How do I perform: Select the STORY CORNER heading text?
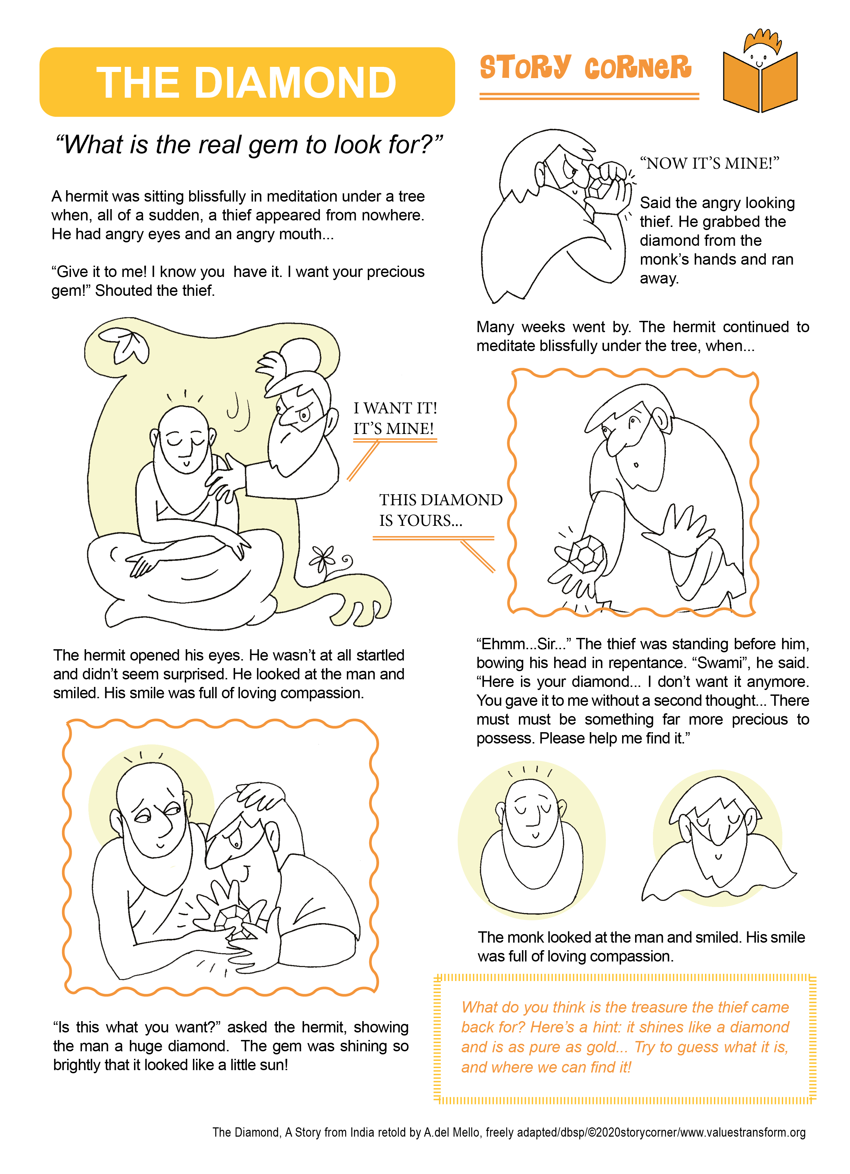click(x=585, y=67)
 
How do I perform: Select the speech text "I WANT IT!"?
click(x=396, y=408)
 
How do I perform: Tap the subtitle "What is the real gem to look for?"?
click(x=249, y=144)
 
